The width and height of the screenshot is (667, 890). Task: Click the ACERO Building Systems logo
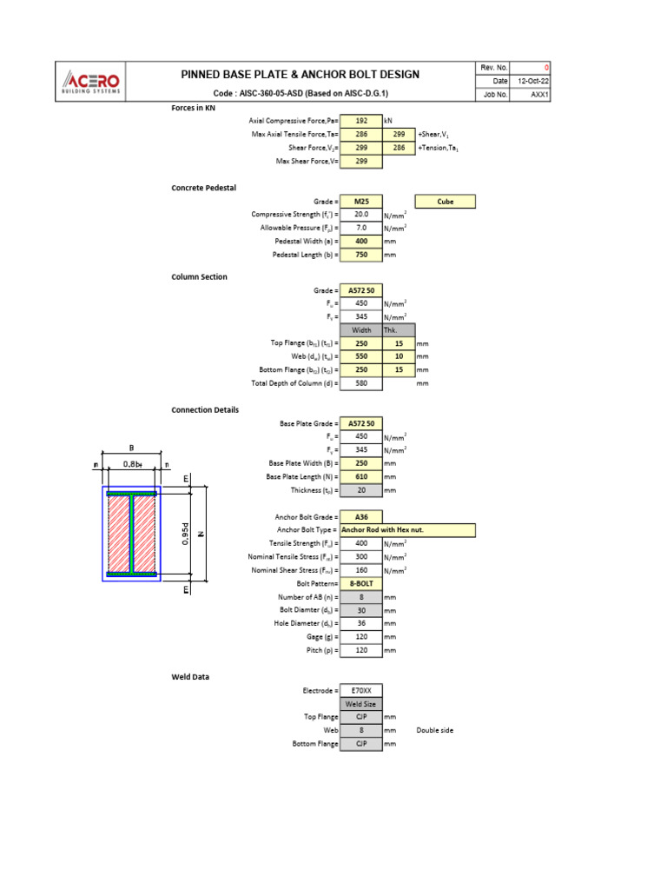[x=91, y=82]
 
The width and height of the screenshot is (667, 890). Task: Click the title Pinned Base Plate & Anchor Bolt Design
[x=300, y=75]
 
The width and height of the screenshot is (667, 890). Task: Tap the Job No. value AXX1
[x=538, y=95]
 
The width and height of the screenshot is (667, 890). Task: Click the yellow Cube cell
[x=446, y=201]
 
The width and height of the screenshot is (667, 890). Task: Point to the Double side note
[x=434, y=730]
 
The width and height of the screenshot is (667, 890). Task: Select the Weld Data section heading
[x=190, y=676]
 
